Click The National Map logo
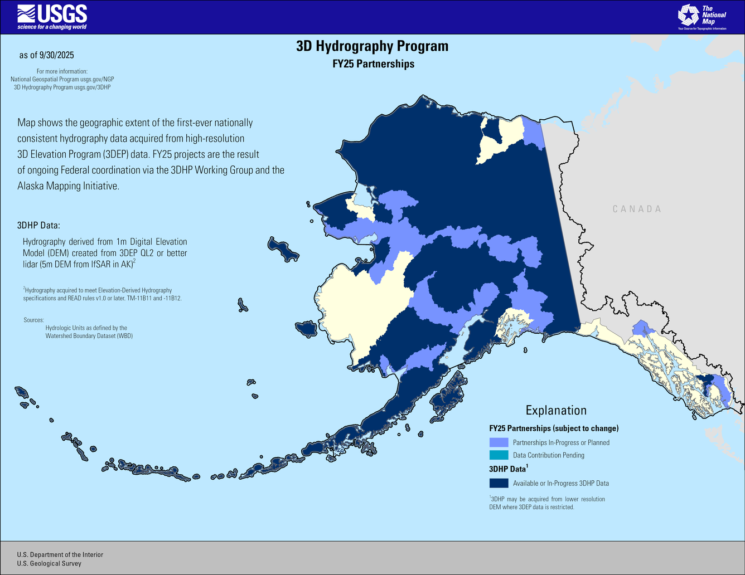702,17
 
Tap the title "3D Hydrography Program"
372,46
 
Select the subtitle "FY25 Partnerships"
373,64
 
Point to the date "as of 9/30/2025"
46,55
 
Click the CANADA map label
637,209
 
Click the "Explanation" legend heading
556,410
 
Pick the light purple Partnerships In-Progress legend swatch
499,442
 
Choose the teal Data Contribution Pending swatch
499,455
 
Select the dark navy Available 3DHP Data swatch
499,483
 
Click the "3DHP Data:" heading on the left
38,226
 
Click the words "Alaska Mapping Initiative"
68,186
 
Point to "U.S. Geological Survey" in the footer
49,563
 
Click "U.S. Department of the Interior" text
60,554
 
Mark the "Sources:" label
33,320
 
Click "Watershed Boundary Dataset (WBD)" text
89,336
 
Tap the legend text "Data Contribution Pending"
548,455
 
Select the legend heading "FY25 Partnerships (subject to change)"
553,428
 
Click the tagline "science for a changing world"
52,27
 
